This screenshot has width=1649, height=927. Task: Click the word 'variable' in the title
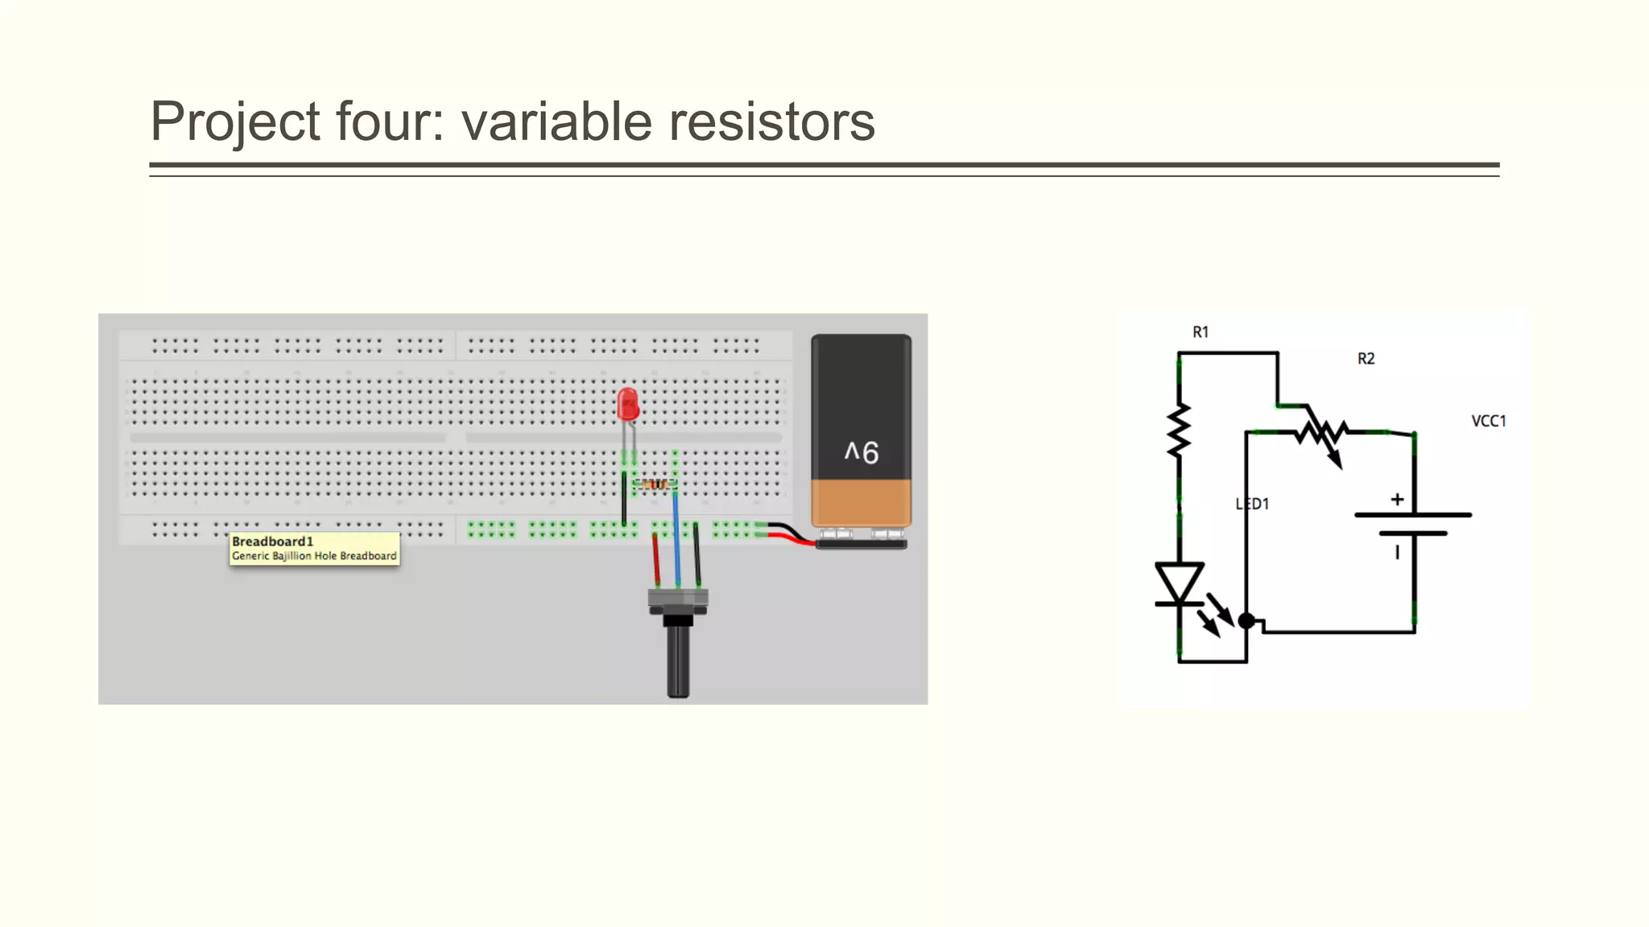click(x=556, y=122)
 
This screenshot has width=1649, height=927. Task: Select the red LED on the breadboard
click(x=627, y=404)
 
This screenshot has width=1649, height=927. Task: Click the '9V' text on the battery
click(x=861, y=452)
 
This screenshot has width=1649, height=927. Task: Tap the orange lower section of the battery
click(x=861, y=502)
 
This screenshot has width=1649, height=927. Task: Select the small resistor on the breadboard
click(x=654, y=484)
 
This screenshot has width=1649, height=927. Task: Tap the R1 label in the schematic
click(x=1201, y=332)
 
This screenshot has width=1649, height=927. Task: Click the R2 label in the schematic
click(x=1366, y=358)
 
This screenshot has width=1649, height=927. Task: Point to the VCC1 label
click(x=1488, y=421)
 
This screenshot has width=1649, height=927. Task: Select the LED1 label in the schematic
click(x=1253, y=504)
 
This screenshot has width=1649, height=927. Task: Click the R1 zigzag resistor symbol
click(x=1179, y=431)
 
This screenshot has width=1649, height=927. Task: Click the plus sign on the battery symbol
click(x=1397, y=499)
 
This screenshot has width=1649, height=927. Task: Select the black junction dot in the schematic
click(x=1246, y=620)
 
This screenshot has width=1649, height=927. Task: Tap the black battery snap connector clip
click(x=861, y=544)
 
